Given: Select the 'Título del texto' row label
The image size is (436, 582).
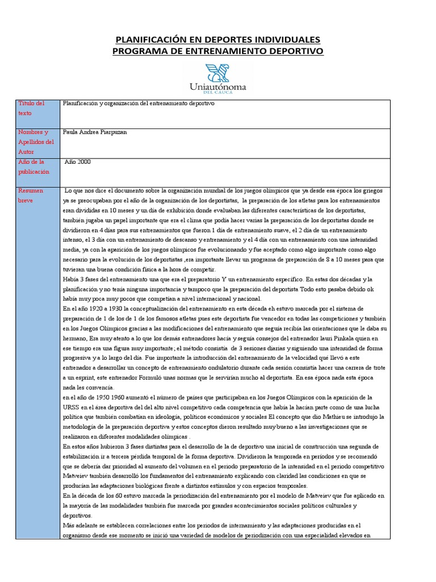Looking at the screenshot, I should (x=31, y=108).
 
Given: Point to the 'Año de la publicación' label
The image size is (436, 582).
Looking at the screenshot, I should (x=33, y=167).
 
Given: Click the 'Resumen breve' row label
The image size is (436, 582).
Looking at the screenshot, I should (x=31, y=196).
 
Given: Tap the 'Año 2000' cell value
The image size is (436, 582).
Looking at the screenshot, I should (x=78, y=162).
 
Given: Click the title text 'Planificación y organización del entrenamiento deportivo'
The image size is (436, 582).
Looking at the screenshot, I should (x=139, y=103).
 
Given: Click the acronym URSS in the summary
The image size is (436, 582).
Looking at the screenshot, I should (x=71, y=407).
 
